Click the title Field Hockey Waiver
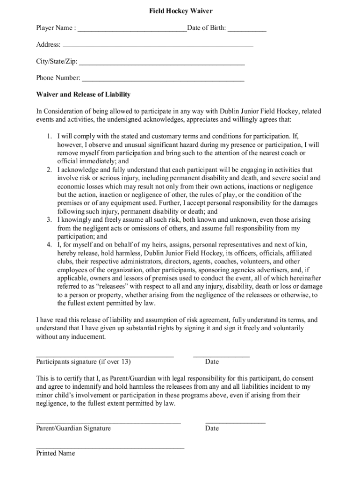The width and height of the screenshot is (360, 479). pyautogui.click(x=180, y=10)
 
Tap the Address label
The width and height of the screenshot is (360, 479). pyautogui.click(x=48, y=45)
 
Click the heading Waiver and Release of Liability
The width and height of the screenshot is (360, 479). pyautogui.click(x=83, y=94)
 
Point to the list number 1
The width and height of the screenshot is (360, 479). pyautogui.click(x=49, y=136)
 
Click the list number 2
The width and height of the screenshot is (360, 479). pyautogui.click(x=49, y=170)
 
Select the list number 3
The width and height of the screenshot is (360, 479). pyautogui.click(x=49, y=220)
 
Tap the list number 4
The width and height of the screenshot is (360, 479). pyautogui.click(x=49, y=245)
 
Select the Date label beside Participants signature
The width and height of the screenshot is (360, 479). pyautogui.click(x=212, y=362)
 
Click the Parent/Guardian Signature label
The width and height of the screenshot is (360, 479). pyautogui.click(x=73, y=428)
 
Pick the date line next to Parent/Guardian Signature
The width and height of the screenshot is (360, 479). pyautogui.click(x=235, y=423)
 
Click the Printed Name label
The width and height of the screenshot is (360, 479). pyautogui.click(x=55, y=453)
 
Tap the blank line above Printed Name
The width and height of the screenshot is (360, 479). pyautogui.click(x=110, y=448)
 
